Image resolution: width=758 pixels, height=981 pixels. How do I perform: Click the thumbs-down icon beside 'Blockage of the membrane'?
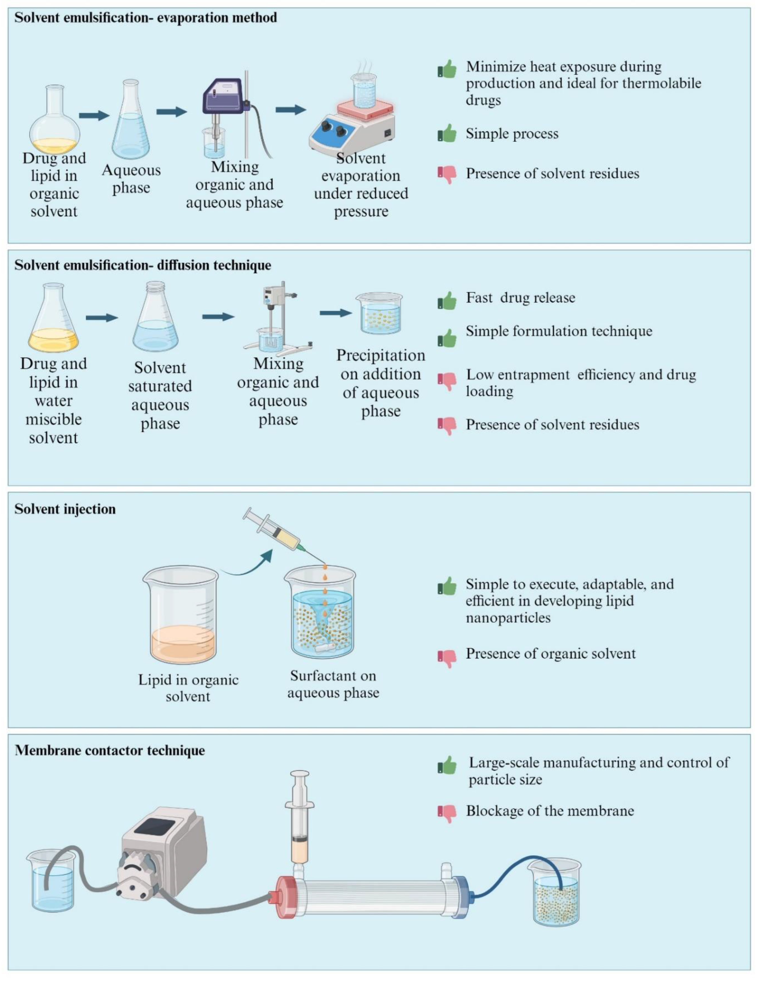pos(447,812)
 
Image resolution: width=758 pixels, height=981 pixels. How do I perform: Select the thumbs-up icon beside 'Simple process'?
pos(447,133)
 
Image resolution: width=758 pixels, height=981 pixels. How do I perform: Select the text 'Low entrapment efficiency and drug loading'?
pos(580,383)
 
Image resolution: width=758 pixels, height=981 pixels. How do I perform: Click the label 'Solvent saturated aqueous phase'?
pos(160,395)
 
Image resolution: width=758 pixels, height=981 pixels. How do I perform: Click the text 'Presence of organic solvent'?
pos(550,654)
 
